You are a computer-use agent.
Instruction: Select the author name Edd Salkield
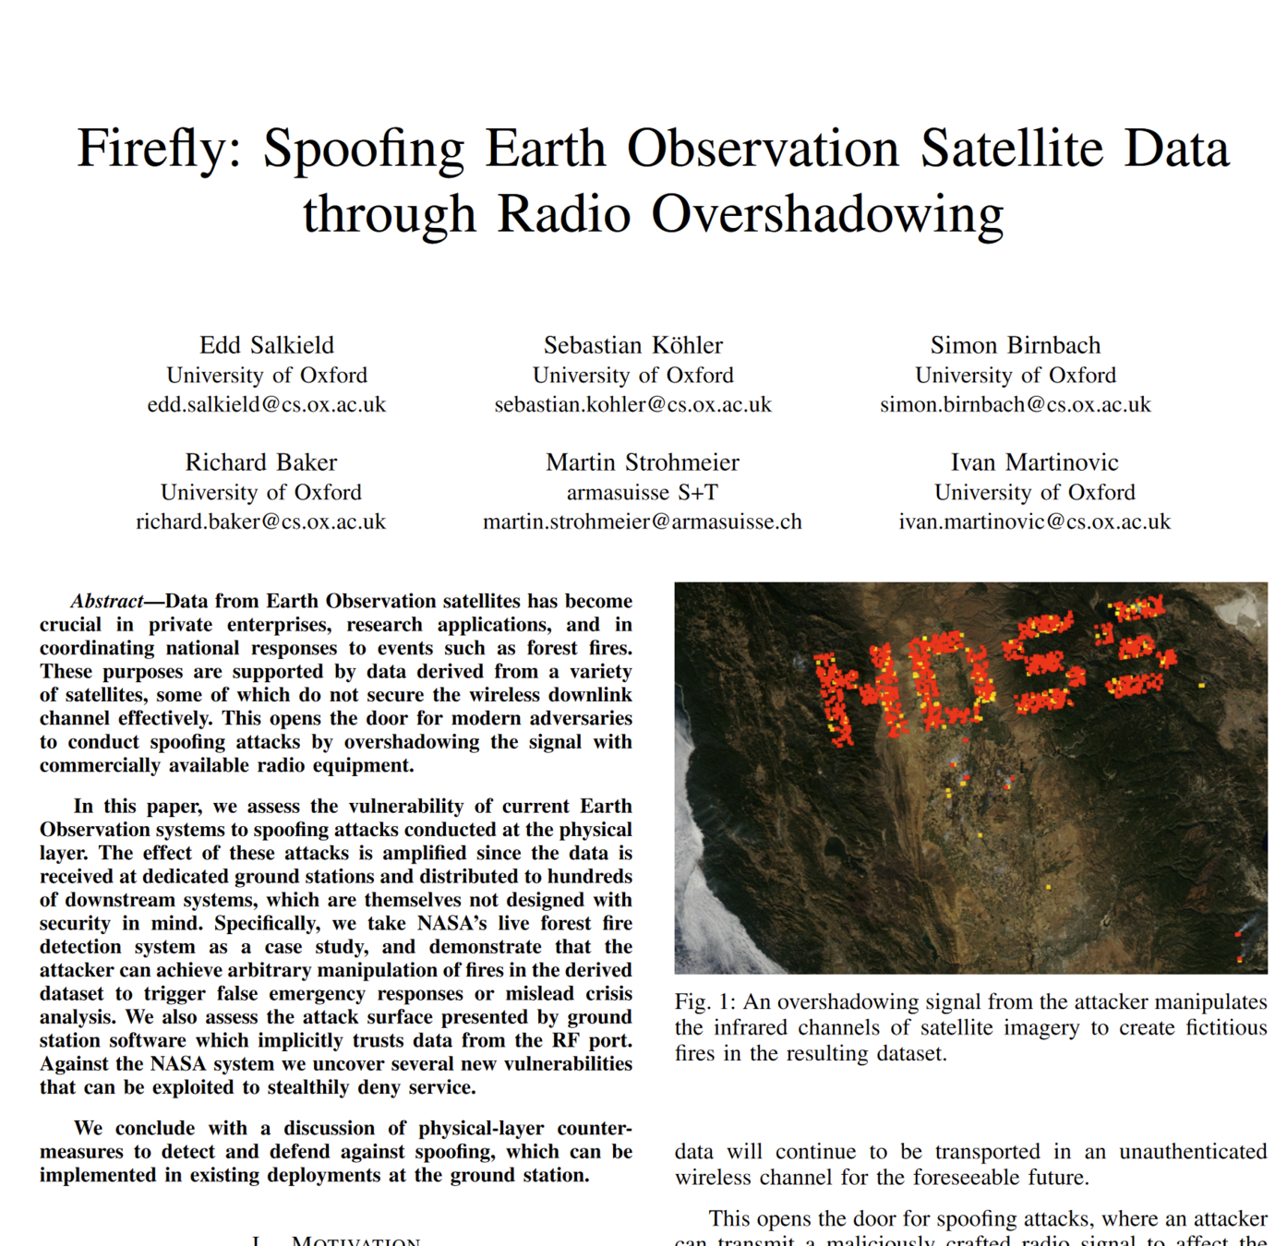267,345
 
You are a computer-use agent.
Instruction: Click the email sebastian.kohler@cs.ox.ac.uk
632,404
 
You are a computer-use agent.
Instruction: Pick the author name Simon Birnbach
1016,345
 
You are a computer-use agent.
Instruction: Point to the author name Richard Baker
261,462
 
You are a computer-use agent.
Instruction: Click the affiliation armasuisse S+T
642,492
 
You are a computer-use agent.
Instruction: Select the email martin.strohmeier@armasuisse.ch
642,521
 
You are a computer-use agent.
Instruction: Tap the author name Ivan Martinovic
1034,462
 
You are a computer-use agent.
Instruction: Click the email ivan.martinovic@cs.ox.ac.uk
1034,521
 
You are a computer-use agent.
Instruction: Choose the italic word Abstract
107,602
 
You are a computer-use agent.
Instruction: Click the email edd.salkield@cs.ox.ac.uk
267,404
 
